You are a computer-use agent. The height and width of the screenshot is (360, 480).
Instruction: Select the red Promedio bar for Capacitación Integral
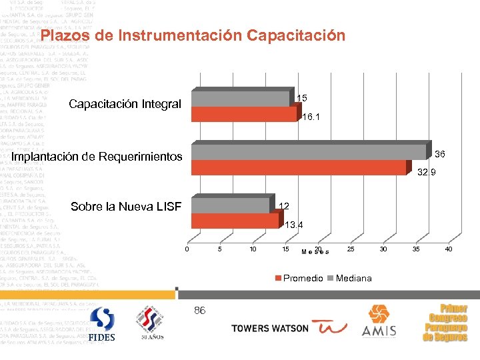coord(243,115)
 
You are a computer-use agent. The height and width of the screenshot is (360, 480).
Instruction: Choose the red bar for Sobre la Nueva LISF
coord(234,220)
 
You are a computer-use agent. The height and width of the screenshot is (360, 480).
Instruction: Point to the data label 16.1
coord(311,117)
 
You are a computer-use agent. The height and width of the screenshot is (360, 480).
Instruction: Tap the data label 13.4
coord(294,225)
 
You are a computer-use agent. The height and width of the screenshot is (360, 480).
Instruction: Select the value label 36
coord(440,154)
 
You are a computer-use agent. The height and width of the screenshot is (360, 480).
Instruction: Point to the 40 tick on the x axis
coord(448,249)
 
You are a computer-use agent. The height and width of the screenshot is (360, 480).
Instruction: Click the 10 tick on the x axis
coord(253,249)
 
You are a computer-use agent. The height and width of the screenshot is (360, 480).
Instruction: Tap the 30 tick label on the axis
coord(383,249)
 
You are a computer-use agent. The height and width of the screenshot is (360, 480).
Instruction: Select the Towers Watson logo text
coord(270,328)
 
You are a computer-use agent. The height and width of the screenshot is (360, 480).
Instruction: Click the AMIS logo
coord(379,321)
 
